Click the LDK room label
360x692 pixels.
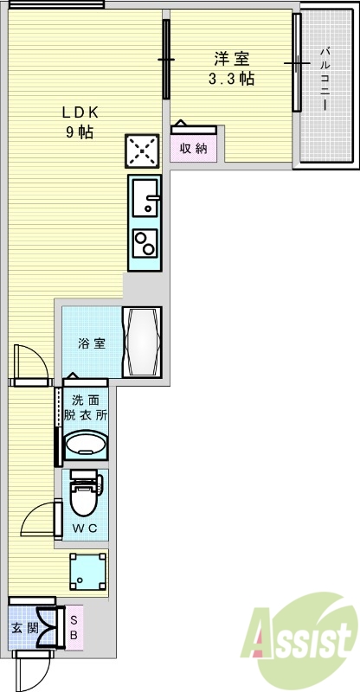coord(80,112)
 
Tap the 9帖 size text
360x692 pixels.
coord(80,132)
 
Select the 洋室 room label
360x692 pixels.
coord(232,59)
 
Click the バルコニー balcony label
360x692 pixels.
coord(325,79)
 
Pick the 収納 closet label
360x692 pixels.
coord(193,148)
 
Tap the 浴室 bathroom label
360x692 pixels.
coord(92,343)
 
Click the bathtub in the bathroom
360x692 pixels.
coord(141,342)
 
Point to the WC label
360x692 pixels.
coord(84,528)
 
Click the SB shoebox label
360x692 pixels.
coord(74,628)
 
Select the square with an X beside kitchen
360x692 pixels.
coord(142,151)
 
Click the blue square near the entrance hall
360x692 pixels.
coord(89,572)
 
